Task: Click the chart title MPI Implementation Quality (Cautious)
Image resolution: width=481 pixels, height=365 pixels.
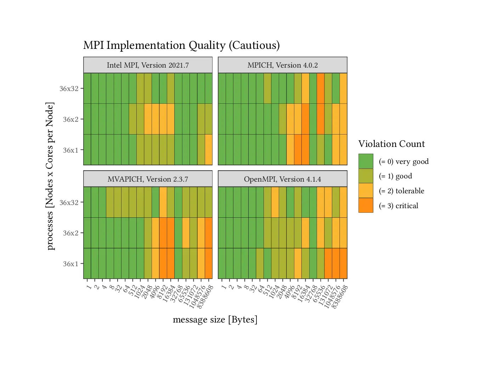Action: (x=181, y=45)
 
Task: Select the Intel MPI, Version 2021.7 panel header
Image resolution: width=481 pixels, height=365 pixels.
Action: (x=148, y=65)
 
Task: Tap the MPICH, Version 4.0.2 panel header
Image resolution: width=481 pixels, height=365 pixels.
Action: (x=282, y=65)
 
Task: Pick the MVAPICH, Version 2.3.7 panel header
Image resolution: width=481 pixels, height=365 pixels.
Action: (x=148, y=179)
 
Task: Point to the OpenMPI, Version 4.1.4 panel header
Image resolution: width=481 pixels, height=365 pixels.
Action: (x=282, y=179)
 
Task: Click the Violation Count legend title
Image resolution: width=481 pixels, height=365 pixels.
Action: (x=391, y=144)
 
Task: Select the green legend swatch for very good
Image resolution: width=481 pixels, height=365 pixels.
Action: (x=366, y=161)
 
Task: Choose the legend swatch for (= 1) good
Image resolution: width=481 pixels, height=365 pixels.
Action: (x=366, y=176)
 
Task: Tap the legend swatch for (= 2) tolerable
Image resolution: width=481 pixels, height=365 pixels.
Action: (x=366, y=191)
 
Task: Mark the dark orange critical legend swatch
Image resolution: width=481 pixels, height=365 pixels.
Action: (x=366, y=205)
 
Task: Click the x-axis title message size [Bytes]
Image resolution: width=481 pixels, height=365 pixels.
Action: (x=215, y=320)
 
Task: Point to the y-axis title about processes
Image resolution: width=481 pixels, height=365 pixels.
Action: (x=50, y=176)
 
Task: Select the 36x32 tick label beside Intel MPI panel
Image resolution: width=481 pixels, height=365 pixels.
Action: (x=69, y=89)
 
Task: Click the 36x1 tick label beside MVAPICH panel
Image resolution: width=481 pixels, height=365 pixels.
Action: (x=70, y=264)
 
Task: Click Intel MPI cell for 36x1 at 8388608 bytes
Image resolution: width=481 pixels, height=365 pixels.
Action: (x=208, y=150)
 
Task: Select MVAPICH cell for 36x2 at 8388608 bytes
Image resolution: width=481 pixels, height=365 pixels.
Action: (x=208, y=233)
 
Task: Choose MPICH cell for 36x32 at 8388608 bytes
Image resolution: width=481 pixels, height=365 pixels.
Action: (x=343, y=88)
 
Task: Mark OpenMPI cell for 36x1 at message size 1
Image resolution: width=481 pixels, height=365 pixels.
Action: (x=222, y=263)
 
